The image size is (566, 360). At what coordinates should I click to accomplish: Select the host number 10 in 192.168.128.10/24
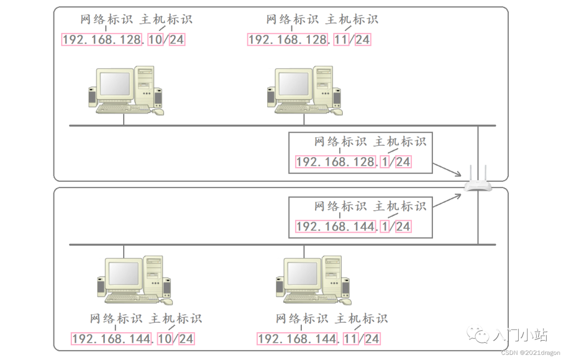(156, 39)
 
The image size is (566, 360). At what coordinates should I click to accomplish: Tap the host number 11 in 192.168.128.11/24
(341, 39)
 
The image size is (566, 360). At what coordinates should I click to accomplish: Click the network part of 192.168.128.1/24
(336, 161)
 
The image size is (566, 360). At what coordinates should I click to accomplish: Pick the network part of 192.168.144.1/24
(336, 226)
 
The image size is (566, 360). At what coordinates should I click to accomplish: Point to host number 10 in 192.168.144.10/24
(165, 339)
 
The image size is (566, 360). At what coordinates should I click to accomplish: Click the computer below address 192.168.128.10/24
(125, 90)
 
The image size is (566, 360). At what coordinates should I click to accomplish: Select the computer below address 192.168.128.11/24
(304, 90)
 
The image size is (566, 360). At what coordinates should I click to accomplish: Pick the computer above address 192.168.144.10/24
(135, 280)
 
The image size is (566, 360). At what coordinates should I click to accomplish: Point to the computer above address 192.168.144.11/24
(313, 280)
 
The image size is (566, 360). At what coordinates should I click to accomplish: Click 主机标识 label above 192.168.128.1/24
(400, 141)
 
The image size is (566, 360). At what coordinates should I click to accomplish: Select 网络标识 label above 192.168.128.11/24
(292, 20)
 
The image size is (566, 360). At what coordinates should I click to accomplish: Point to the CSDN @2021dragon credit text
(531, 353)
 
